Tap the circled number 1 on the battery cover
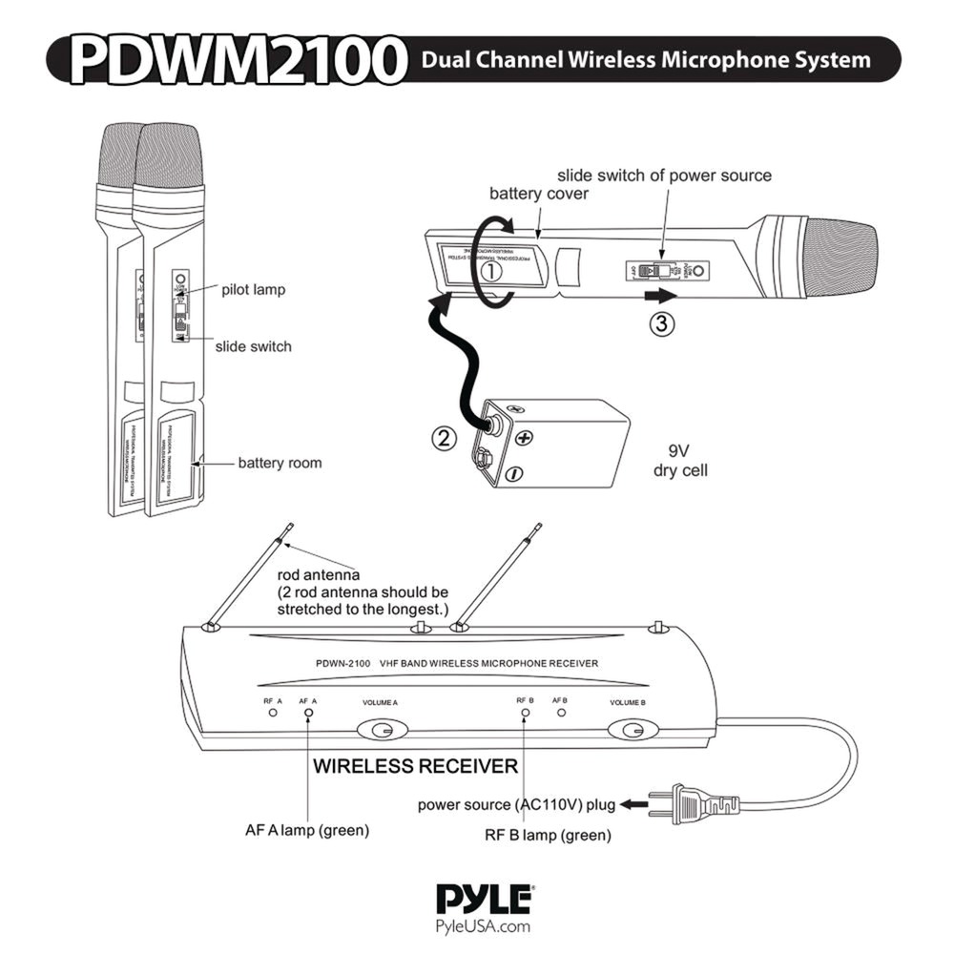click(491, 270)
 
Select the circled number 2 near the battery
click(442, 440)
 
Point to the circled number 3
click(662, 322)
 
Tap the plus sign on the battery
click(524, 437)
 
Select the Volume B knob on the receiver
click(630, 731)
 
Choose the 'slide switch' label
click(253, 346)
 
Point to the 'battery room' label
click(280, 464)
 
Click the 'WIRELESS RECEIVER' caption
click(416, 766)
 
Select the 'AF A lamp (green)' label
click(306, 831)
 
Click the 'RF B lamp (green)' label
click(547, 837)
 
